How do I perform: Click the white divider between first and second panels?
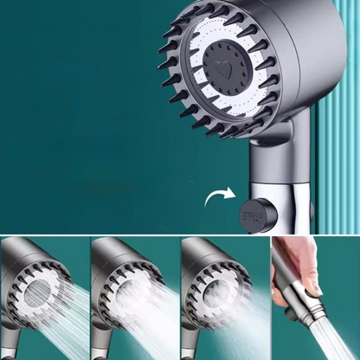tap(89, 299)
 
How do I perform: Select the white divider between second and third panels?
tap(180, 299)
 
